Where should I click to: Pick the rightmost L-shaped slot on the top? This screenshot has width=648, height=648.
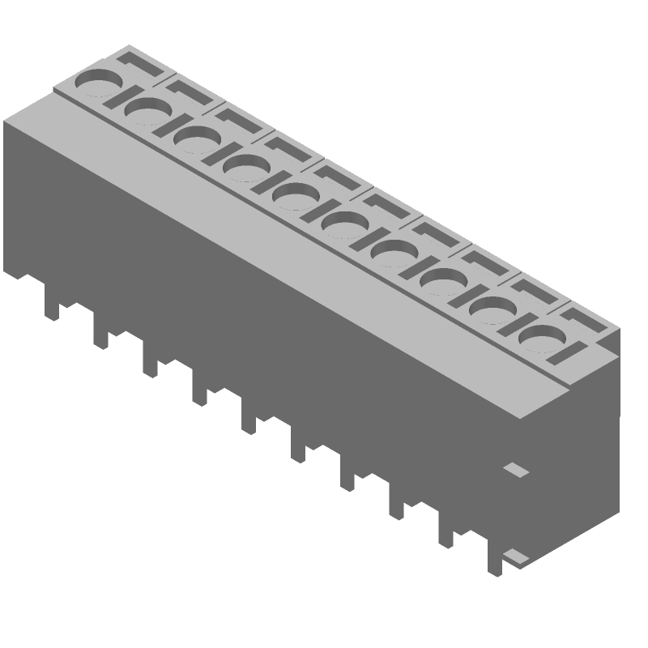click(585, 318)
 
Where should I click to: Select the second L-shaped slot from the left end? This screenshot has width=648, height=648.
click(190, 91)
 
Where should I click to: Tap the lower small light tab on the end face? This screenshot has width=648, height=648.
click(514, 556)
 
